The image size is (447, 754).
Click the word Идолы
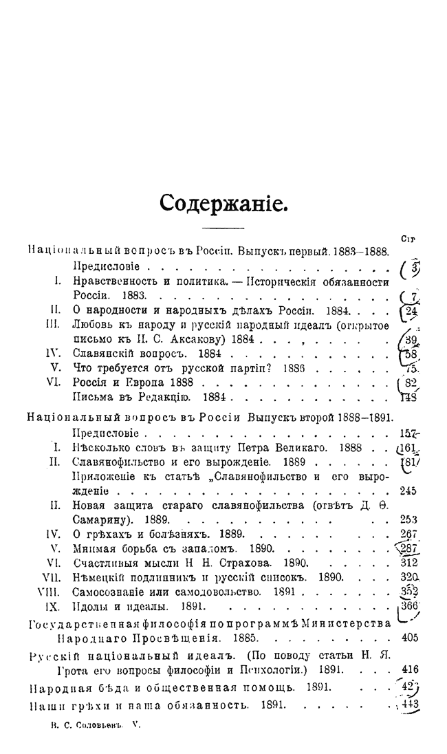[x=90, y=607]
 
